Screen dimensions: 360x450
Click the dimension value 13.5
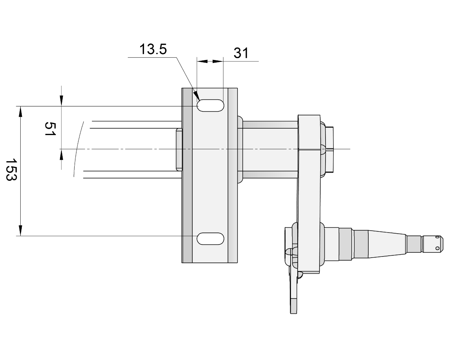(x=153, y=49)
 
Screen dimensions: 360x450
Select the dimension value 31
(x=241, y=53)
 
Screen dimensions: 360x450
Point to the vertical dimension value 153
(x=12, y=169)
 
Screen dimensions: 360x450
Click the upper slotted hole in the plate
(x=210, y=106)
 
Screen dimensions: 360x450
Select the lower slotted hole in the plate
(x=210, y=238)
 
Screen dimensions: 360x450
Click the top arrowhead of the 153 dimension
(x=21, y=111)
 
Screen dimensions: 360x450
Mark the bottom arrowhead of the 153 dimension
(x=21, y=231)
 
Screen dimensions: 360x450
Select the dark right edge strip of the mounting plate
(x=232, y=175)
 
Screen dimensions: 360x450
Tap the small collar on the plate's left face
(x=179, y=149)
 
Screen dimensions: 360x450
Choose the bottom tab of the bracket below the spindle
(x=293, y=306)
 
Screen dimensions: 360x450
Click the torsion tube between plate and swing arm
(x=270, y=149)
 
